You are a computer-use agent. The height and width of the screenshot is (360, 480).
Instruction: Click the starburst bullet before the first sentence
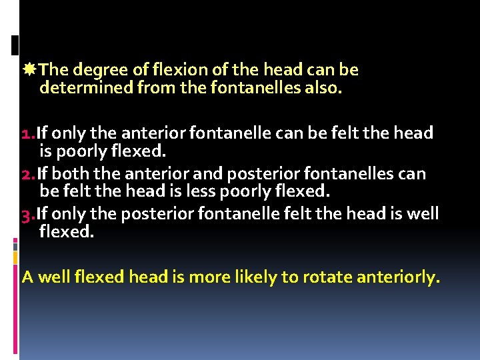pos(29,69)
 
